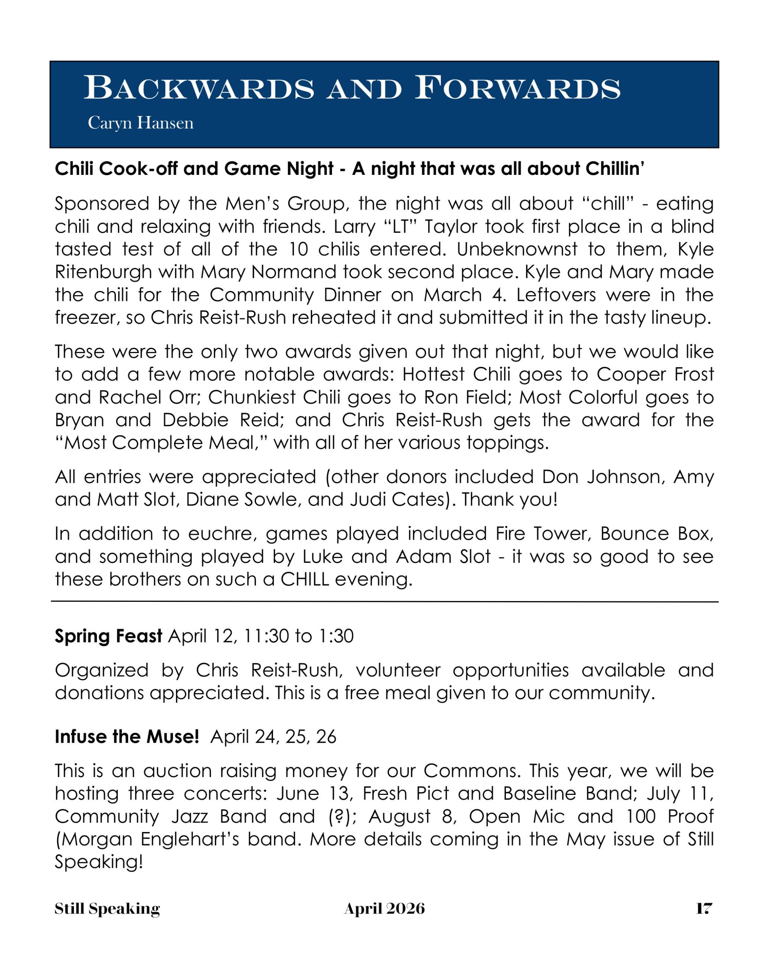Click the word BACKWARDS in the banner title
pyautogui.click(x=199, y=88)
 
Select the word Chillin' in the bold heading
pyautogui.click(x=615, y=169)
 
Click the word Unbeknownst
pyautogui.click(x=516, y=249)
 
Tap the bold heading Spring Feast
pyautogui.click(x=108, y=636)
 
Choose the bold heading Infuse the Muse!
pyautogui.click(x=127, y=737)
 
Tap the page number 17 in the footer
pyautogui.click(x=704, y=909)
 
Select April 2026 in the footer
pyautogui.click(x=384, y=909)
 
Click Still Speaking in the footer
pyautogui.click(x=107, y=909)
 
